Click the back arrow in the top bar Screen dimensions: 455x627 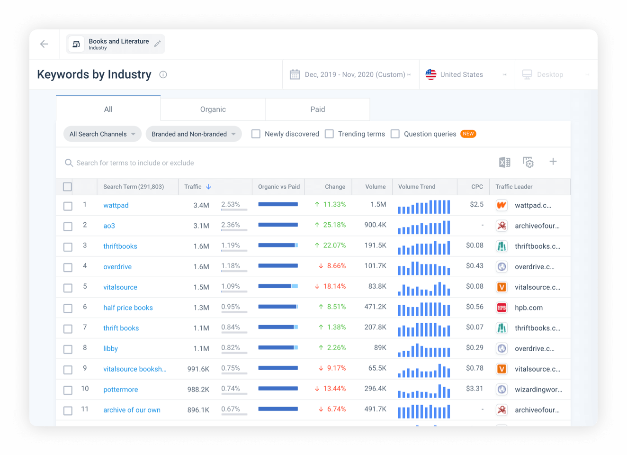pos(44,44)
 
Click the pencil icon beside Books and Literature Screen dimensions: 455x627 pos(158,44)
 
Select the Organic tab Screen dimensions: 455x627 pos(213,109)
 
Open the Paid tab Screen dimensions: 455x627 pos(317,109)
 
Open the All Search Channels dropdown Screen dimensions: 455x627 pos(102,134)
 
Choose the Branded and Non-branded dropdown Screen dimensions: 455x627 pos(193,134)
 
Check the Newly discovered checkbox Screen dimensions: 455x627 pos(256,134)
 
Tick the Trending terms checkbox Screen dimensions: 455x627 pos(329,134)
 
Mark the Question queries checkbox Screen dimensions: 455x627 pos(395,134)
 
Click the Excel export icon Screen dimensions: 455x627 pos(504,163)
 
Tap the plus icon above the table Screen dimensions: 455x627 pos(553,162)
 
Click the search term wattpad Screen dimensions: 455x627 pos(116,205)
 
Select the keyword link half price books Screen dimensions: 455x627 pos(128,308)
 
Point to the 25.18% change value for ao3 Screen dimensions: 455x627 pos(334,225)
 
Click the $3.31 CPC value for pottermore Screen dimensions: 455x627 pos(475,389)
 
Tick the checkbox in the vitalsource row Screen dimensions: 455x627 pos(68,288)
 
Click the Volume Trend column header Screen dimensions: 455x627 pos(417,187)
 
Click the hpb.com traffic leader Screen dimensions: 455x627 pos(528,308)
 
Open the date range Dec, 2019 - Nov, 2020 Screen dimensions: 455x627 pos(355,75)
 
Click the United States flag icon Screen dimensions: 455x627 pos(430,75)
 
